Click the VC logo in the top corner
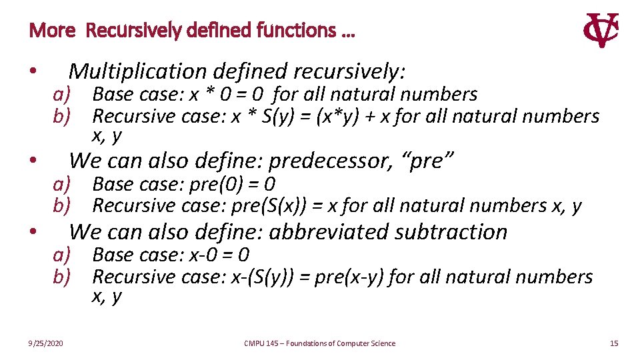601,30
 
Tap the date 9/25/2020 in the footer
46,343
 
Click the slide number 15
614,343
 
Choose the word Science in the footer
380,343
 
